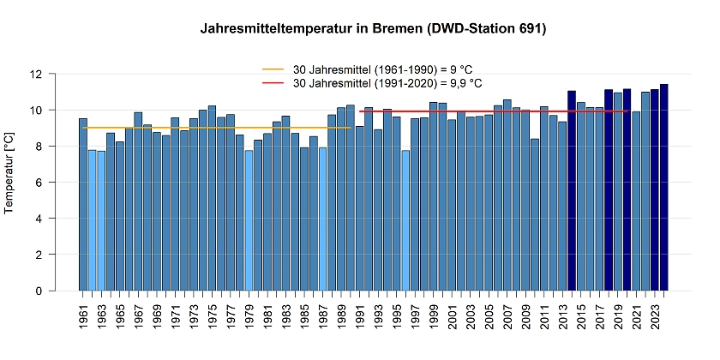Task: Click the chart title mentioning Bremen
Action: tap(373, 29)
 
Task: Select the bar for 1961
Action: tap(83, 206)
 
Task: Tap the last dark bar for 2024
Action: tap(663, 188)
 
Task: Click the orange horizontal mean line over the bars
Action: tap(214, 128)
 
